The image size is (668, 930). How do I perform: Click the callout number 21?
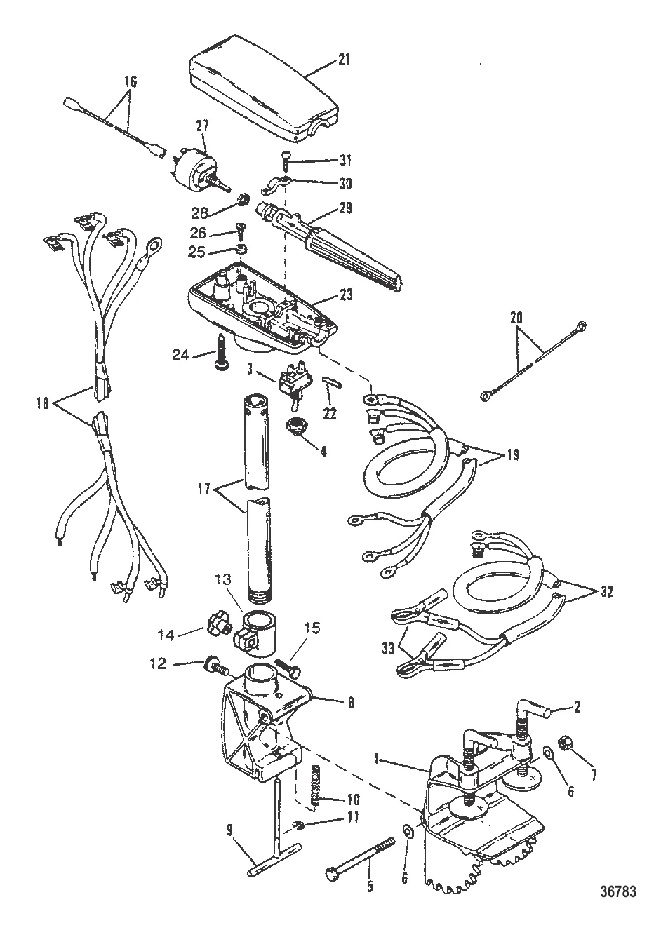[x=345, y=60]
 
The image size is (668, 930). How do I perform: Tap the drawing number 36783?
[x=617, y=891]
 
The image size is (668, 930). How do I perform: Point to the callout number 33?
[x=387, y=649]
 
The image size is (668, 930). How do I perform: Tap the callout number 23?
[x=345, y=295]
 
